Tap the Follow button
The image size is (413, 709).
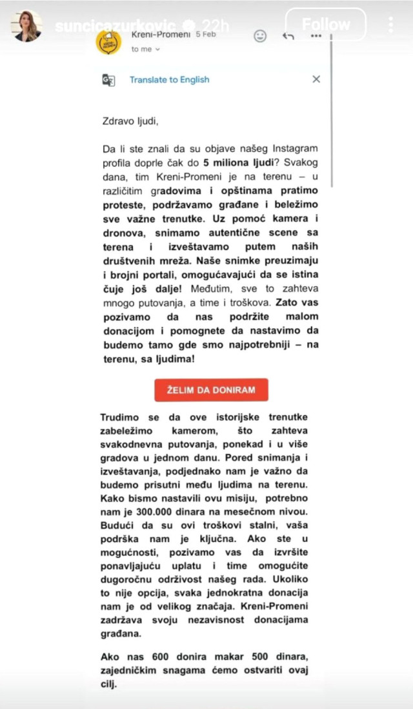(325, 24)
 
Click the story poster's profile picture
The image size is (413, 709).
(26, 26)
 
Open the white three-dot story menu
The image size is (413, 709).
(391, 24)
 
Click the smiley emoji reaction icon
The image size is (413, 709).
(260, 35)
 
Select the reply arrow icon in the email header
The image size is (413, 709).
(288, 36)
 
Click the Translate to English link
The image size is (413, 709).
(170, 80)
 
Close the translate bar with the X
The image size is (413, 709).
(316, 79)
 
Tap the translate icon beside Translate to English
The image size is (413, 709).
(108, 80)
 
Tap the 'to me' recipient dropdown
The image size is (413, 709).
(146, 48)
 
